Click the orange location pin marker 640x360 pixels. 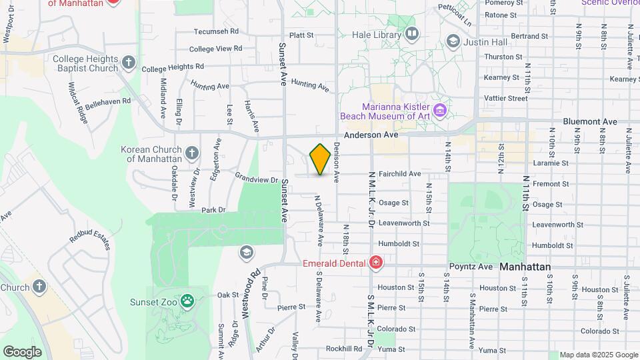(x=320, y=159)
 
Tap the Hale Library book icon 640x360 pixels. (x=411, y=32)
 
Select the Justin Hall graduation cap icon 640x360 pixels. (x=453, y=42)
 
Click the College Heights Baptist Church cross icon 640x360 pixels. (x=129, y=63)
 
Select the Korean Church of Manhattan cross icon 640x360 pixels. (x=192, y=154)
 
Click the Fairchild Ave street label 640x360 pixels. (x=399, y=174)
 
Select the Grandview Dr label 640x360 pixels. (x=257, y=179)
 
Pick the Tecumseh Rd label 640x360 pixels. (x=216, y=31)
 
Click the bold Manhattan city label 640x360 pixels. (x=525, y=267)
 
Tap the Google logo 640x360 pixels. (x=22, y=351)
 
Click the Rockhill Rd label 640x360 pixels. (x=344, y=349)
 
